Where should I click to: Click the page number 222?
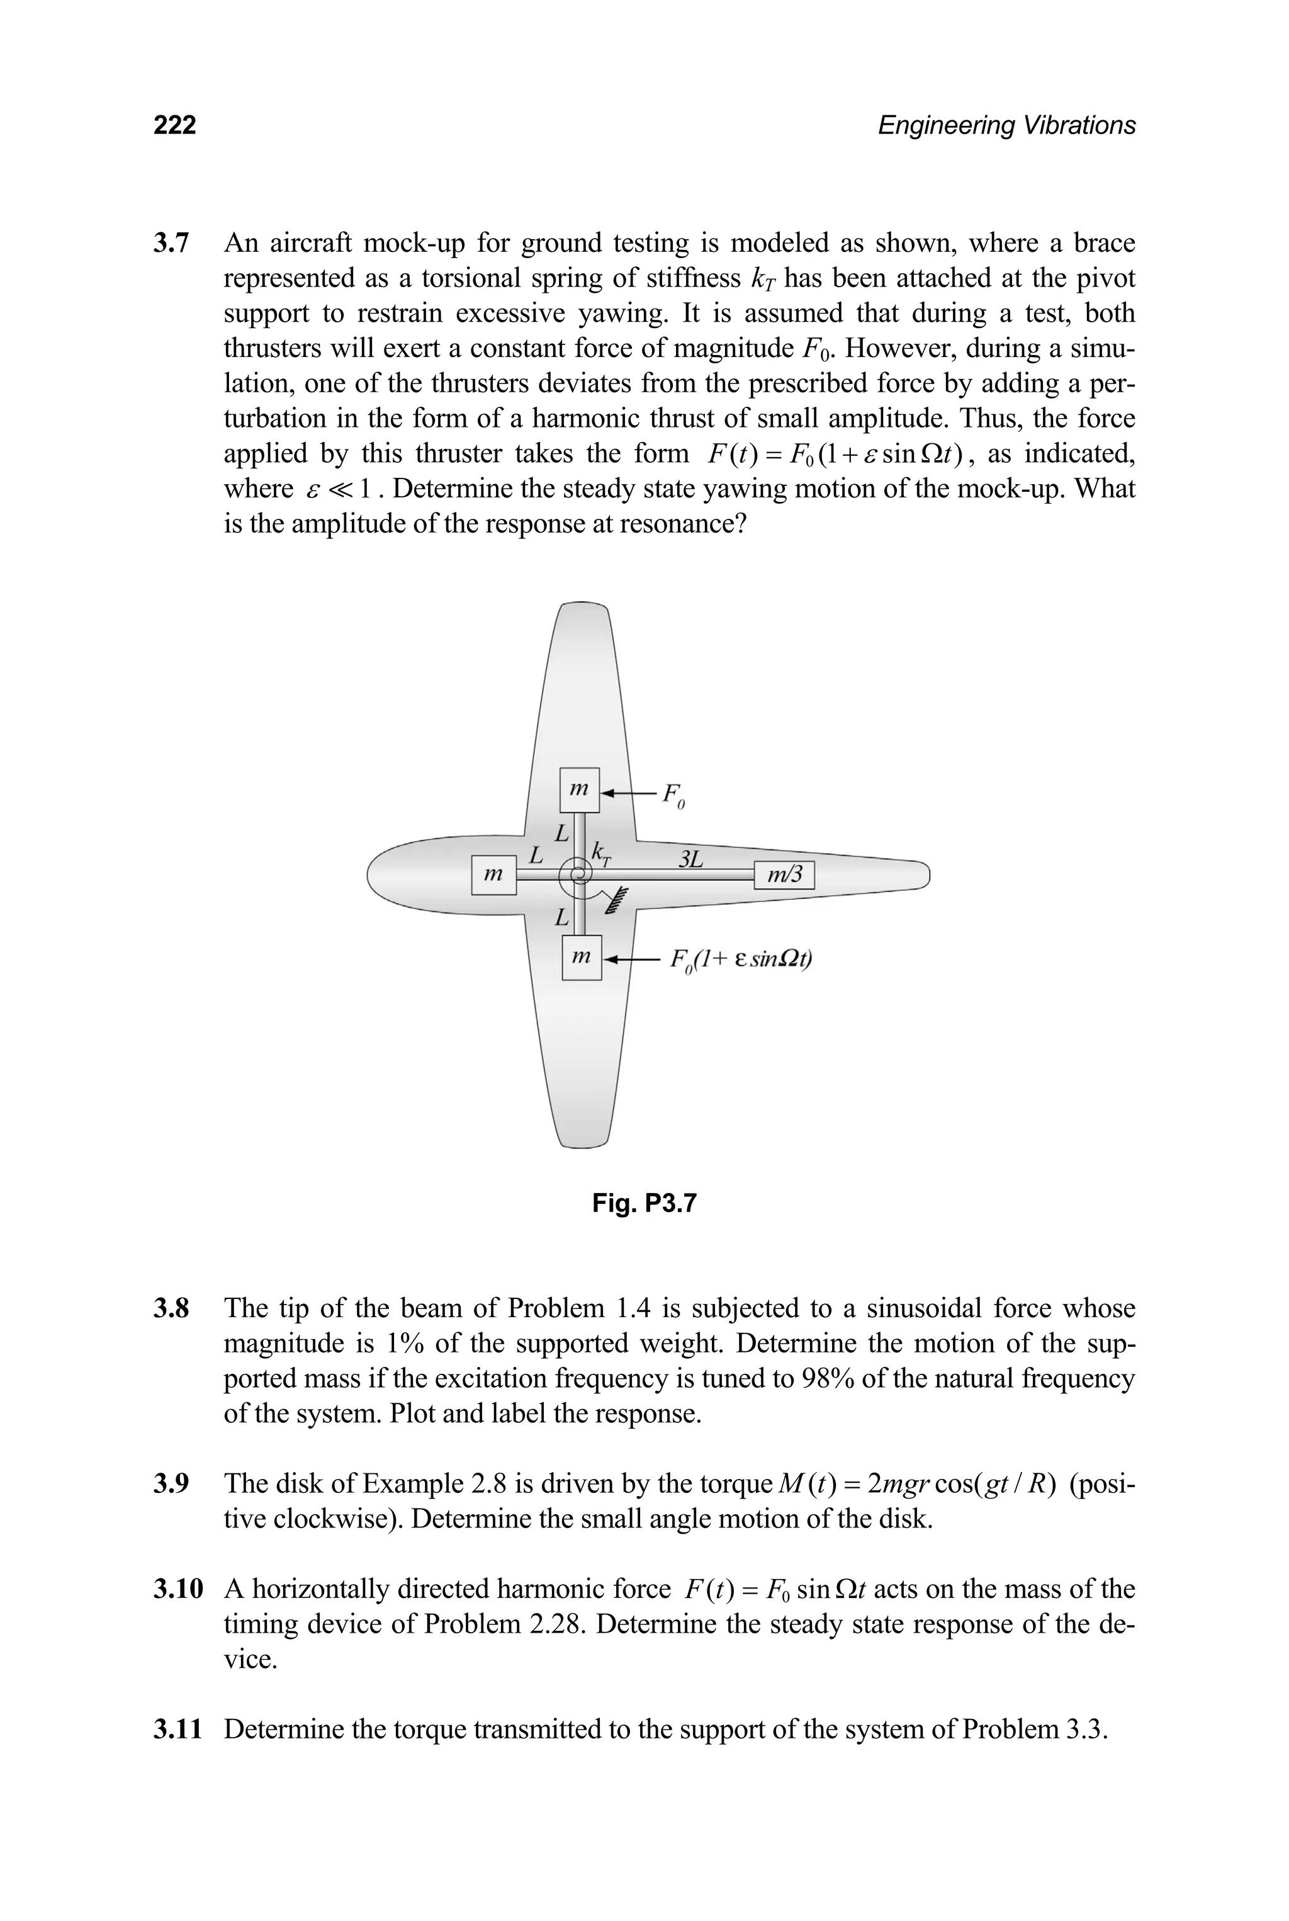[x=174, y=125]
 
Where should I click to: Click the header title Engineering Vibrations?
[x=1006, y=125]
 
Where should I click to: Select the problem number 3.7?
[x=171, y=244]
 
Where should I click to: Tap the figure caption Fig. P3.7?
[x=644, y=1204]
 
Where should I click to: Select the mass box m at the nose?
[x=493, y=875]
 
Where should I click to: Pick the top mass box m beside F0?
[x=580, y=790]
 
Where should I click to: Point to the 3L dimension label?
[x=690, y=859]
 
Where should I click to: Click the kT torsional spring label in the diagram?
[x=602, y=853]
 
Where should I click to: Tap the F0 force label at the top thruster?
[x=672, y=795]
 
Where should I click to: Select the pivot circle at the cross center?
[x=578, y=873]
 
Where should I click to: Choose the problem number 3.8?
[x=171, y=1308]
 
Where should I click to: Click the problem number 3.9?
[x=171, y=1483]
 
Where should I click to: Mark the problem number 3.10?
[x=177, y=1589]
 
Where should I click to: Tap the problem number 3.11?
[x=177, y=1730]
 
